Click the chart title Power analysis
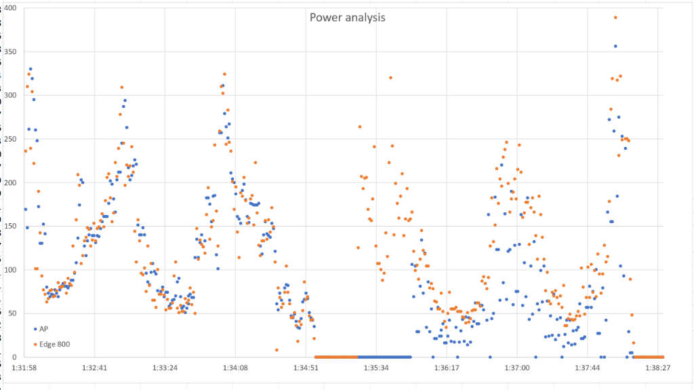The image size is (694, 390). [x=348, y=17]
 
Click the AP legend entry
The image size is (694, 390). [x=44, y=328]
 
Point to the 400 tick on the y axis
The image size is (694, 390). [x=11, y=8]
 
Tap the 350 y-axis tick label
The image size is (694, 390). [x=11, y=52]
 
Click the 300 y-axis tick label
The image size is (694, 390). [x=11, y=95]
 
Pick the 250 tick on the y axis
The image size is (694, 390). [x=11, y=139]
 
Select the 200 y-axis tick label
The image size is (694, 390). [x=11, y=182]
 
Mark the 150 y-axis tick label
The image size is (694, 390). [x=11, y=226]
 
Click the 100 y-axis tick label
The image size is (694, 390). [x=11, y=270]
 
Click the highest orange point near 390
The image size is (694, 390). [x=615, y=18]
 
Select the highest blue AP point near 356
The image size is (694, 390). [x=615, y=46]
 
